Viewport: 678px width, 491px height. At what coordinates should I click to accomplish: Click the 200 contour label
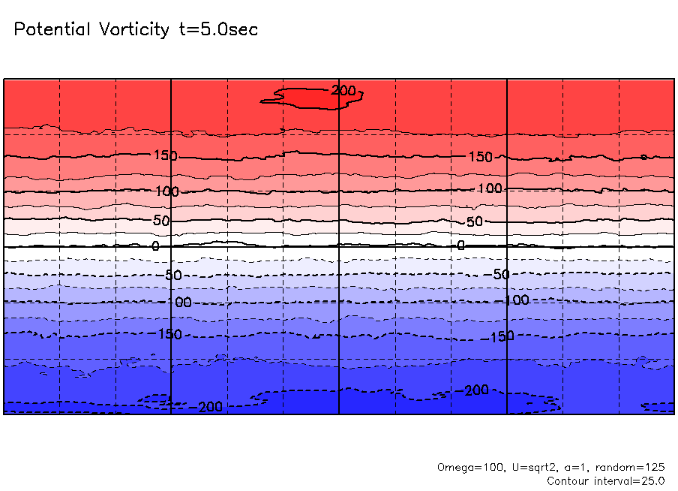point(343,91)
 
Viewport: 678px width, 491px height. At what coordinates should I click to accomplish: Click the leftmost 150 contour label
point(165,156)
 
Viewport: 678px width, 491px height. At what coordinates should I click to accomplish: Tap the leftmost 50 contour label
point(161,221)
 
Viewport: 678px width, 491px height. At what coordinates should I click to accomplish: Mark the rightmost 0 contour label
point(461,245)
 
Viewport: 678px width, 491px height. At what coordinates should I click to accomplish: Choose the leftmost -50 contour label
point(172,275)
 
